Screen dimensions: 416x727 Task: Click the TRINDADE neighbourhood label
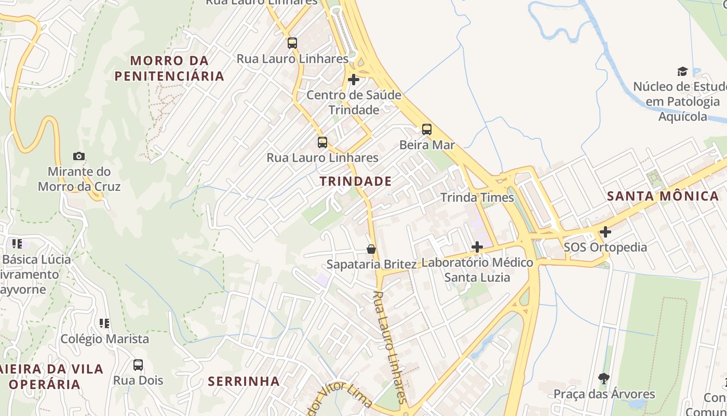(356, 181)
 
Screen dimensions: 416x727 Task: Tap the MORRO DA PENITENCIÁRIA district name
(169, 68)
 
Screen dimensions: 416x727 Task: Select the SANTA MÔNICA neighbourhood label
(663, 196)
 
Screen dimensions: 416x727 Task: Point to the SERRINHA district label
(244, 381)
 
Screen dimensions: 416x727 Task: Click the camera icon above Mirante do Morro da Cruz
(79, 156)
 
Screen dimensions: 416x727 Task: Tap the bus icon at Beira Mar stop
(426, 129)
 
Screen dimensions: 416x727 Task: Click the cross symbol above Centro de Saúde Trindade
(354, 80)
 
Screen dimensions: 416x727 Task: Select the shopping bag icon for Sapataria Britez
(371, 249)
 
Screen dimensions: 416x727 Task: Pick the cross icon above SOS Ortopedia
(605, 232)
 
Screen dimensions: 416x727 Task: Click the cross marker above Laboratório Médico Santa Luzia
(477, 247)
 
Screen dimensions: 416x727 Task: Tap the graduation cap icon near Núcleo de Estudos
(682, 71)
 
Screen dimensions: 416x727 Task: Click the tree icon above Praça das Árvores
(603, 378)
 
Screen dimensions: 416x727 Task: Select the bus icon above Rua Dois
(138, 365)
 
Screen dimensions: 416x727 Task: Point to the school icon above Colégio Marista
(104, 323)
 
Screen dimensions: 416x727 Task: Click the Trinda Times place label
(477, 198)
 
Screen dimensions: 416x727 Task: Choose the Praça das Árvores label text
(604, 394)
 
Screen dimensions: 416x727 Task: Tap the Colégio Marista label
(105, 339)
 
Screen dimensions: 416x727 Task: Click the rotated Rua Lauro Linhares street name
(389, 347)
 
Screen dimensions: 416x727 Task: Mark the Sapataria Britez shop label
(371, 264)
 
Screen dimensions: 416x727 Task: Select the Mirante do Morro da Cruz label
(79, 179)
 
